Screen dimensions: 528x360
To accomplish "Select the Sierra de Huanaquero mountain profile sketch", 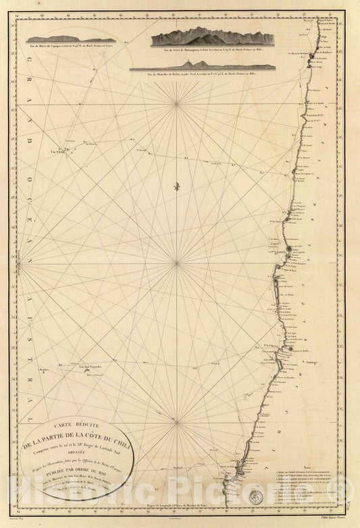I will coord(212,36).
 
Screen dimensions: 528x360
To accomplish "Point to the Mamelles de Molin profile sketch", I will coord(202,65).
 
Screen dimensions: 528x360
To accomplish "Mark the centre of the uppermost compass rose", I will coord(177,103).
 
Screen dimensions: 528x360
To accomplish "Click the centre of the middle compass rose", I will coord(177,263).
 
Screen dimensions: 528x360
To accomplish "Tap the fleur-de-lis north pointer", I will coord(177,184).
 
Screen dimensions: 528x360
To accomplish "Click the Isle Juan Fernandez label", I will coord(93,367).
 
